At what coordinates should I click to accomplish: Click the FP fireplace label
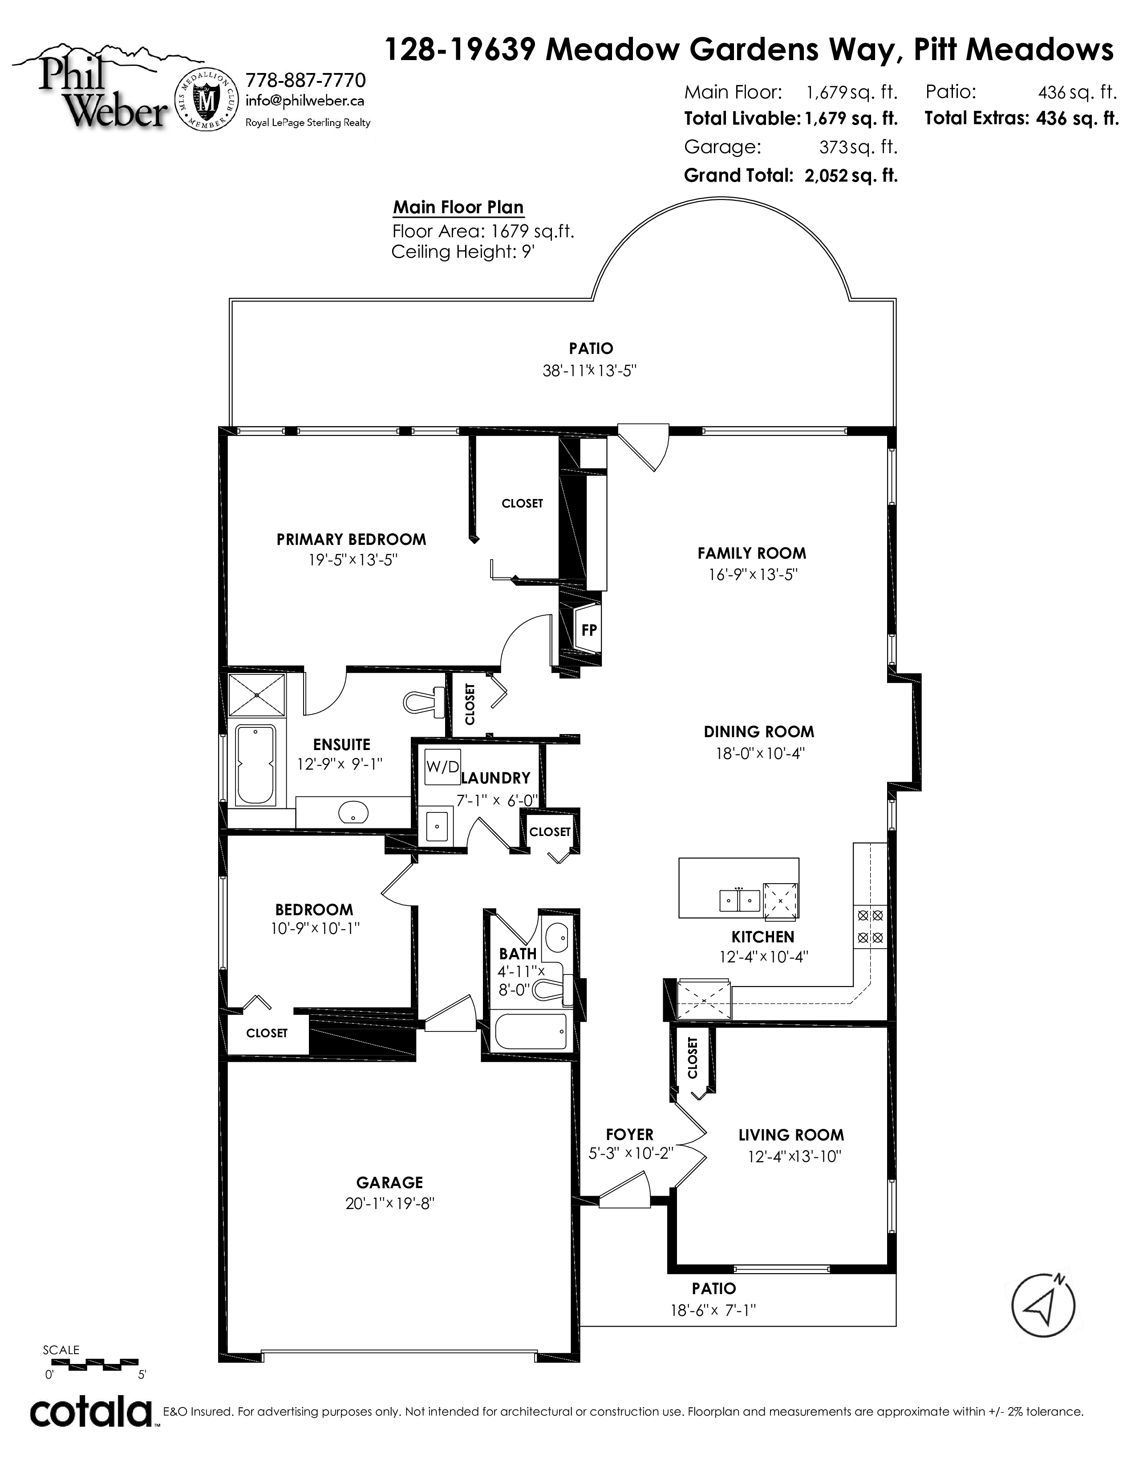click(589, 630)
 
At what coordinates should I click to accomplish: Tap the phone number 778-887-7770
click(306, 81)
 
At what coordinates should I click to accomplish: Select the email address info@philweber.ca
click(305, 101)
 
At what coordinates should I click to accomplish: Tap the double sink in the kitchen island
click(740, 899)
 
